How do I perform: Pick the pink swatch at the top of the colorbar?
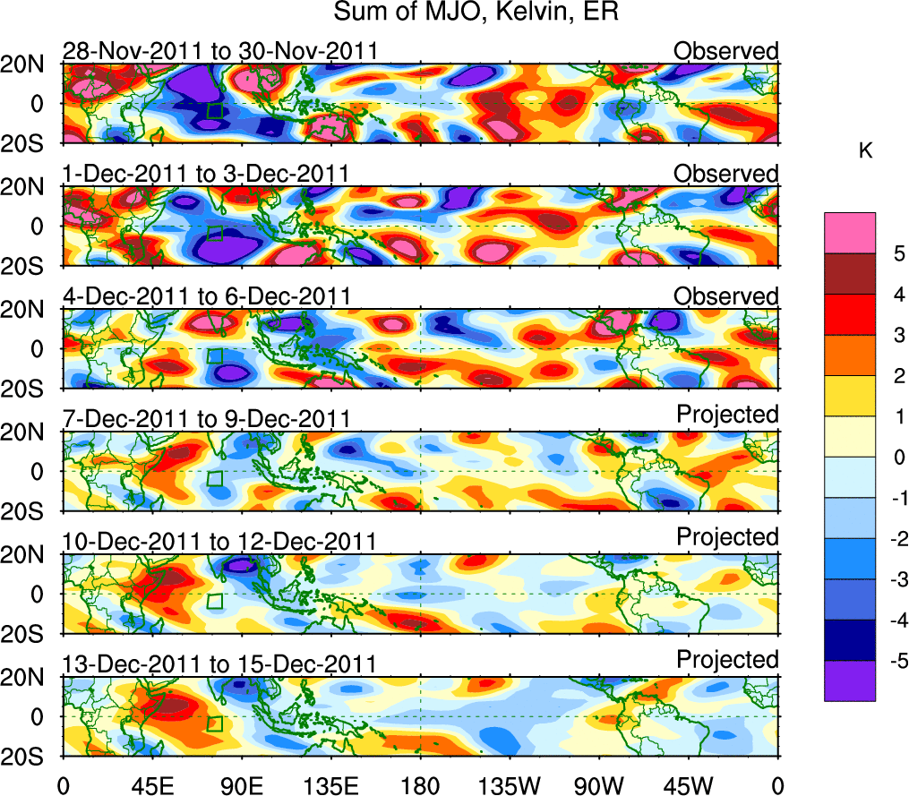point(849,233)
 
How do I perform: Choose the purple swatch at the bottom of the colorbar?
point(849,680)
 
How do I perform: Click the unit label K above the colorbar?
point(865,151)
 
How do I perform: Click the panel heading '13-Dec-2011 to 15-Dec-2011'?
point(219,663)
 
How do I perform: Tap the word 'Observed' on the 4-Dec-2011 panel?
point(726,296)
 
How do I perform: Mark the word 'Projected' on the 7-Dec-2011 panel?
point(727,415)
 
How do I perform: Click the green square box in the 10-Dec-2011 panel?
point(214,601)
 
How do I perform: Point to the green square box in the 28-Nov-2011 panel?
point(214,110)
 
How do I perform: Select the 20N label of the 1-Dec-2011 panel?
point(34,187)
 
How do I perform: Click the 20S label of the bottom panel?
point(34,756)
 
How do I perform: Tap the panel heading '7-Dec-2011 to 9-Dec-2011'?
point(206,418)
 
